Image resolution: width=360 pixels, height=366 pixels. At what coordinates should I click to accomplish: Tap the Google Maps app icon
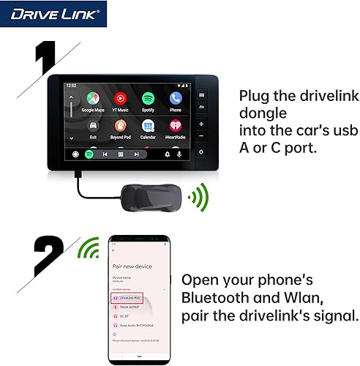(94, 99)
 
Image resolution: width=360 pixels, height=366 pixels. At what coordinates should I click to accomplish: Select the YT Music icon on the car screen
(121, 99)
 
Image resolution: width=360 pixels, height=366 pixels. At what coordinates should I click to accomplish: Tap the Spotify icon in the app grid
(149, 99)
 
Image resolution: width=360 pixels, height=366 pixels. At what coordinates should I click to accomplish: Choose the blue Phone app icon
(176, 99)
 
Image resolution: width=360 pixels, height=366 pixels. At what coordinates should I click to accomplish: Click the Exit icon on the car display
(94, 124)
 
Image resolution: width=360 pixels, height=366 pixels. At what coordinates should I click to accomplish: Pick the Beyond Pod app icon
(121, 124)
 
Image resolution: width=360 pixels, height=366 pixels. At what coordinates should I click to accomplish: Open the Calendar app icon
(149, 124)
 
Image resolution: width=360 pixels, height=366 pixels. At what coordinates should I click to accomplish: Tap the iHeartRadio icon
(176, 124)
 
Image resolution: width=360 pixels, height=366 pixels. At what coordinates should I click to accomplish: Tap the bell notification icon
(166, 154)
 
